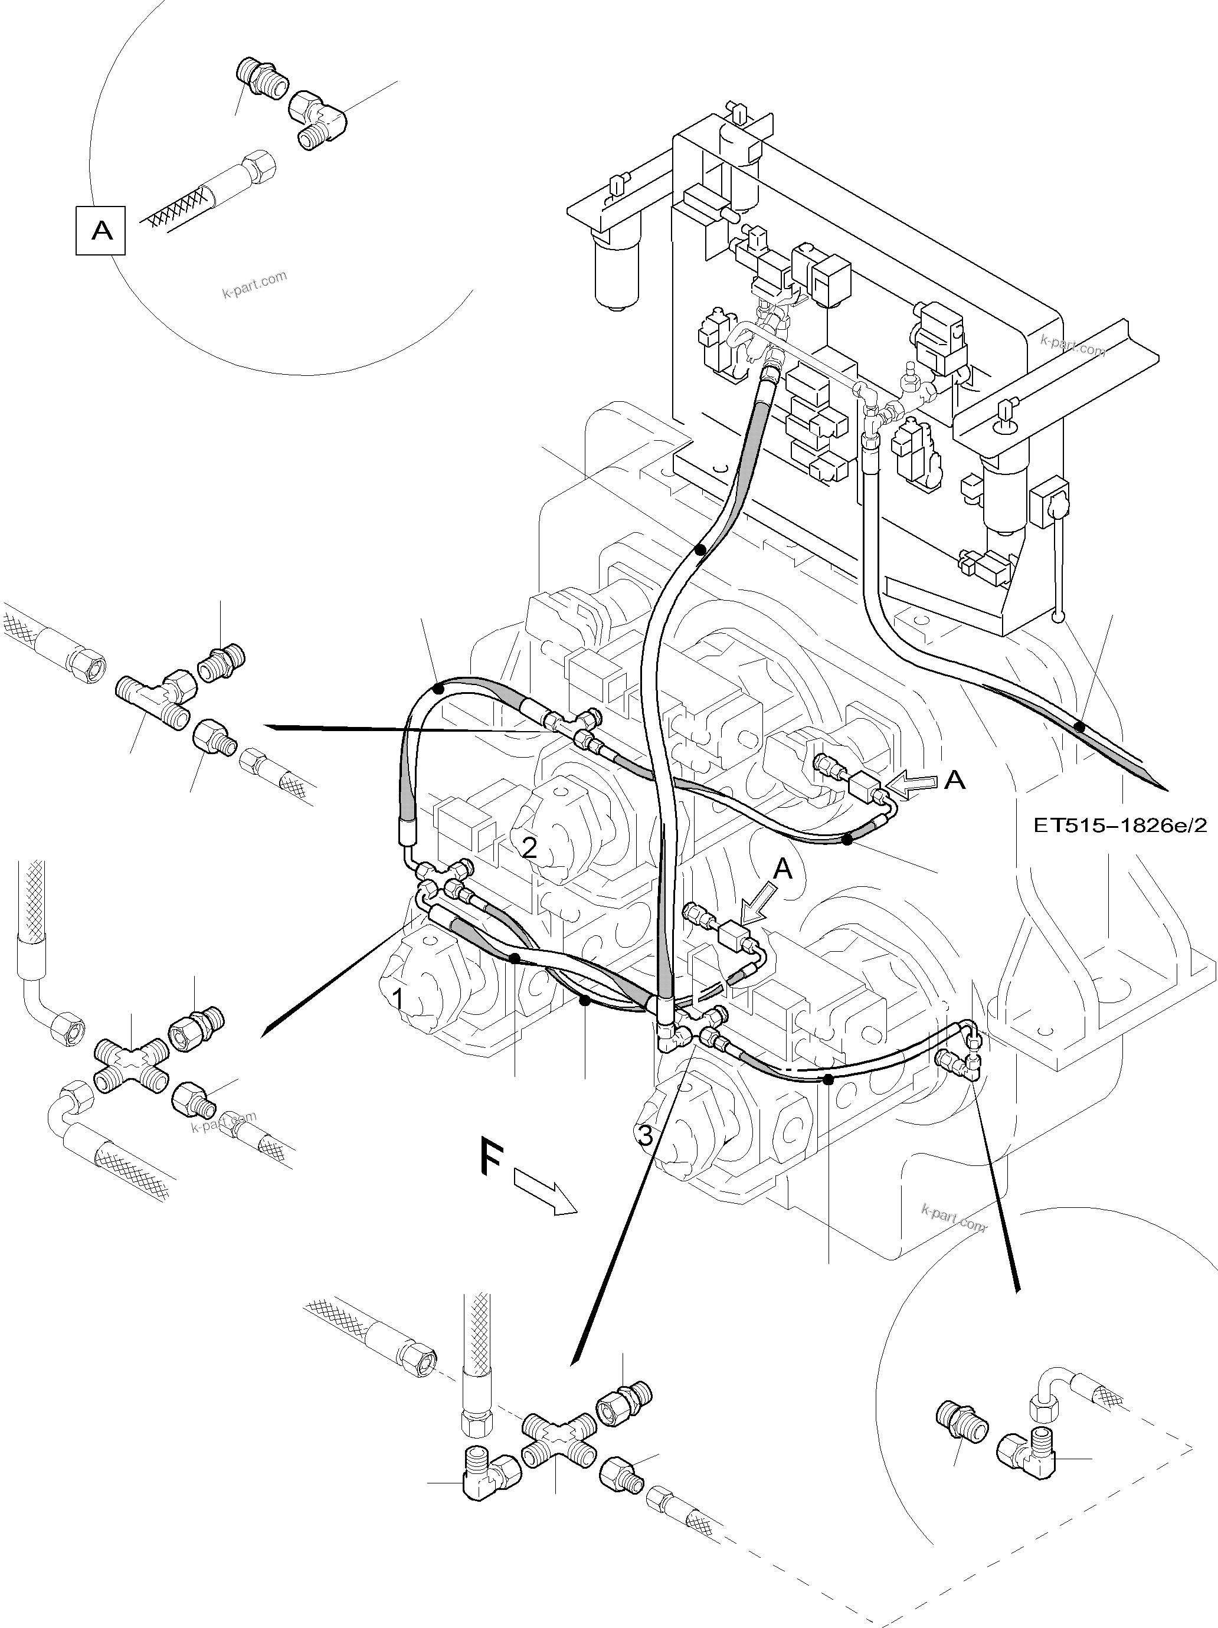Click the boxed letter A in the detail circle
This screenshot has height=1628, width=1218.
pos(101,231)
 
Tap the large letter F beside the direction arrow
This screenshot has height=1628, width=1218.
pos(492,1175)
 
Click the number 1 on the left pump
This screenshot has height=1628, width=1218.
pos(397,999)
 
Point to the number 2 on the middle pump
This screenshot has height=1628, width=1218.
pos(529,848)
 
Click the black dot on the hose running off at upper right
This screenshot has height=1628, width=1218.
pos(1079,726)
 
